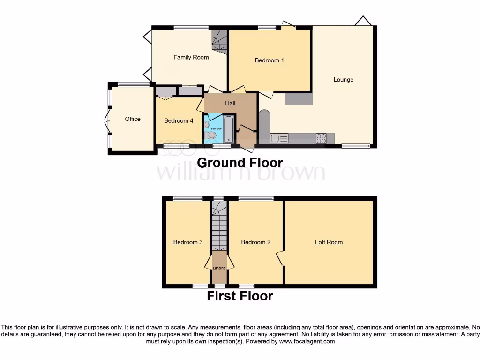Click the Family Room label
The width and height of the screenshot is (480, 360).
(x=191, y=57)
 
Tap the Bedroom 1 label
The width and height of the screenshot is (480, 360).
(x=269, y=60)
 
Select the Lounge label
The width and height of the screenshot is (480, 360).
(x=343, y=80)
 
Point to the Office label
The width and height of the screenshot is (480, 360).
(x=133, y=119)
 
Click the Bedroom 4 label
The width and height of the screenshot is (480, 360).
(x=179, y=121)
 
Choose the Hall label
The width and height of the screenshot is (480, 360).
(x=230, y=103)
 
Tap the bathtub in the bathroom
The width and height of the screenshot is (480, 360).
(x=228, y=129)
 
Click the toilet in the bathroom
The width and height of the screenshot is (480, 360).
(x=211, y=135)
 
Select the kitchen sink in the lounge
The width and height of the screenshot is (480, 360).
(x=278, y=138)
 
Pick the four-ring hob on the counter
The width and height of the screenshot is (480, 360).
(x=322, y=138)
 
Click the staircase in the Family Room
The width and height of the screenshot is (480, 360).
(x=219, y=41)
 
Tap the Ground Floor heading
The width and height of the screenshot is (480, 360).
(x=240, y=163)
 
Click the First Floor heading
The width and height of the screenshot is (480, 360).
(x=240, y=296)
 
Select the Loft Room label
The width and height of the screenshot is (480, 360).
(x=329, y=242)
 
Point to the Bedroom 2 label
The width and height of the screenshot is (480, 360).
(x=255, y=242)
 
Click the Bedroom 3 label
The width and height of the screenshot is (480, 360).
(x=188, y=242)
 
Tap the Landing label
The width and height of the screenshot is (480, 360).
(x=219, y=268)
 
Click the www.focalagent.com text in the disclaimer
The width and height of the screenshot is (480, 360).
(x=307, y=342)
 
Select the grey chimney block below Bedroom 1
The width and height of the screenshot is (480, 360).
(x=298, y=98)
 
